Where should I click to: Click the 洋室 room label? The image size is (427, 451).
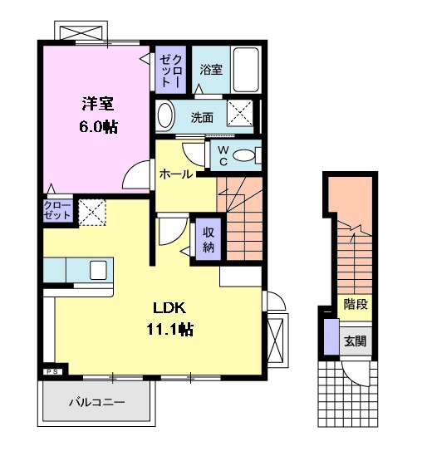97,105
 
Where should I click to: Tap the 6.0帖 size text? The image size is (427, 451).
97,128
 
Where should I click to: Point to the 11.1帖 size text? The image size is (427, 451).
170,330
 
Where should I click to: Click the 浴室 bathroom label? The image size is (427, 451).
211,70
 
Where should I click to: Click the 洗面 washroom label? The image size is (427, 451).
202,117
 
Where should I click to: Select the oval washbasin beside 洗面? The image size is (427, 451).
165,116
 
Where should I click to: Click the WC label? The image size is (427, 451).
223,155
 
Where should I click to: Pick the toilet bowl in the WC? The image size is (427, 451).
246,155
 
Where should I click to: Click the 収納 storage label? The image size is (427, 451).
207,239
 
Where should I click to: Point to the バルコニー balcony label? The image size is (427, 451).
96,404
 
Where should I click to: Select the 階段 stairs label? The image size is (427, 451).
356,304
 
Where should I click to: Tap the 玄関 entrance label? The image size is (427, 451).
356,341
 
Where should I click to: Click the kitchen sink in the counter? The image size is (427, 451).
99,270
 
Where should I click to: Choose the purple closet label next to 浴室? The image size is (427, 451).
172,70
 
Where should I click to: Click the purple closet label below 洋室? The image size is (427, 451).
57,209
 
